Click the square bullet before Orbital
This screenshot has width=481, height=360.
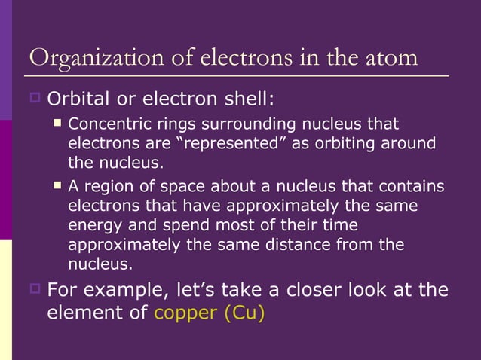[35, 98]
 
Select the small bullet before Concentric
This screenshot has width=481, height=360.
[58, 122]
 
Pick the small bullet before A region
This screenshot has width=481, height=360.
[58, 185]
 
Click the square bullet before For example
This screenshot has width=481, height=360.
[35, 288]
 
